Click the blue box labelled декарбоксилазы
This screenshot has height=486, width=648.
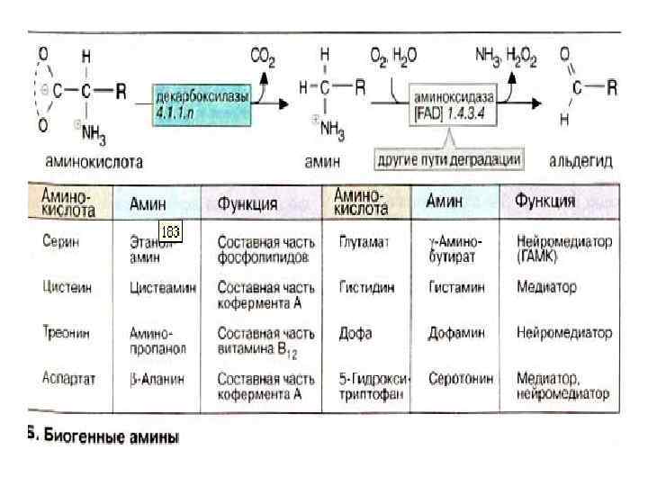click(202, 102)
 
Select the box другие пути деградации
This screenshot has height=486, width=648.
click(449, 158)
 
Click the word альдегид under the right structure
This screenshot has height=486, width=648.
click(580, 161)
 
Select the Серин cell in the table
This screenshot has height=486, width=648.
click(59, 241)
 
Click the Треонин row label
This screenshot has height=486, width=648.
click(63, 332)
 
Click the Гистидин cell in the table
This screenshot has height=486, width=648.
click(364, 288)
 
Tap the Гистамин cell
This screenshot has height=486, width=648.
click(456, 288)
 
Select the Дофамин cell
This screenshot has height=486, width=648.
click(456, 332)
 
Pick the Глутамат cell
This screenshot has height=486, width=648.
click(362, 241)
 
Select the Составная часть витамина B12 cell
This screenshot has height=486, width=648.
click(266, 339)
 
